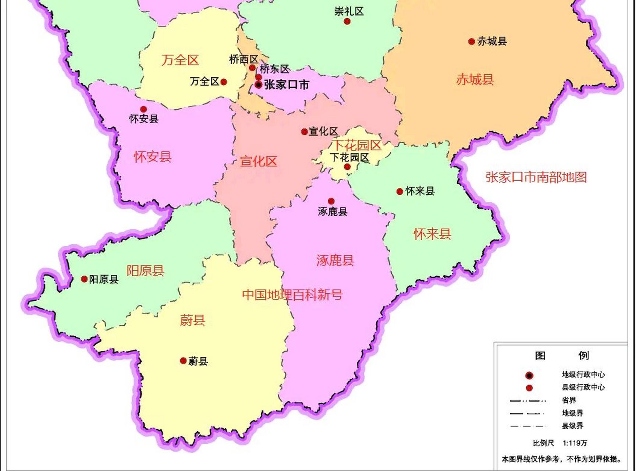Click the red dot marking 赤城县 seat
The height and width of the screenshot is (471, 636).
click(471, 42)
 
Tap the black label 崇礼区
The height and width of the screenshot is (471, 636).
click(349, 11)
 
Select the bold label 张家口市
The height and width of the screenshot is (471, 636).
click(287, 85)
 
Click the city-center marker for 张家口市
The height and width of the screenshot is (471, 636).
click(259, 85)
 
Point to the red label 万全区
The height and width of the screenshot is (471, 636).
click(180, 60)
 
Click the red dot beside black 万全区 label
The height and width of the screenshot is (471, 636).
click(223, 82)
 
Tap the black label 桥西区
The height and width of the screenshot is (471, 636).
click(244, 59)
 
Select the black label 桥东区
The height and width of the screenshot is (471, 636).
click(274, 69)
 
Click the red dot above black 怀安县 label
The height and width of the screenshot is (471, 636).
click(143, 109)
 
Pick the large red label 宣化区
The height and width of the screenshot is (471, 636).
click(258, 161)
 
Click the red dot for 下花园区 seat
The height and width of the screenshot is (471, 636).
click(347, 167)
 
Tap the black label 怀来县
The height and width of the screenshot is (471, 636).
click(420, 191)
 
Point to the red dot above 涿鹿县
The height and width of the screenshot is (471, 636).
click(331, 201)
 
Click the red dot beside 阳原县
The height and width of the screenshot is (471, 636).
click(84, 279)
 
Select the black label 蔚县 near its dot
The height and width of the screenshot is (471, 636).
click(198, 361)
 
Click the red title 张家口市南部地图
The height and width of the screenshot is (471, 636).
click(536, 177)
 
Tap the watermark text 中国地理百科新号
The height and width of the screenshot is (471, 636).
click(292, 295)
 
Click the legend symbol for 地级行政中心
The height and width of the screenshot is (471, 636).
click(529, 376)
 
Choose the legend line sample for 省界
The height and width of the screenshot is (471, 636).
click(527, 401)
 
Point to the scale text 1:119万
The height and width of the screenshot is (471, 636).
click(575, 443)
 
